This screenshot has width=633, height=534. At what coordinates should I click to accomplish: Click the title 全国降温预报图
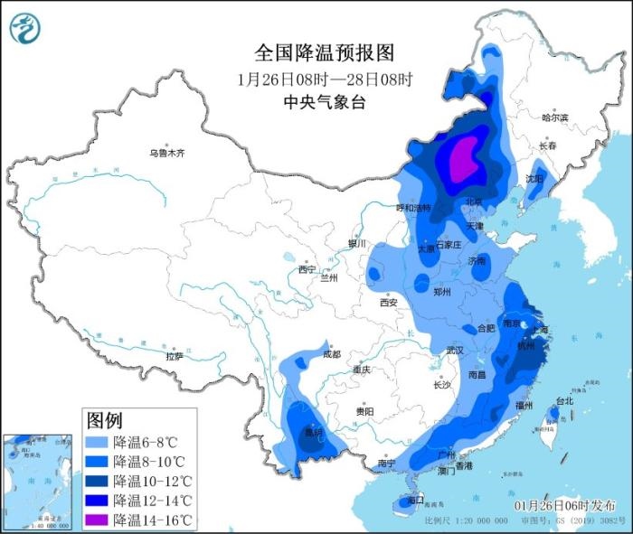tap(325, 52)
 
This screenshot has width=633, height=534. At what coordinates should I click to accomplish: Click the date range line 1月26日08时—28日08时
tap(325, 78)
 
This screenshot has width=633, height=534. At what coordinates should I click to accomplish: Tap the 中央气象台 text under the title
tap(325, 102)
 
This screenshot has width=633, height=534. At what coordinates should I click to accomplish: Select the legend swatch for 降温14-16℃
tap(98, 520)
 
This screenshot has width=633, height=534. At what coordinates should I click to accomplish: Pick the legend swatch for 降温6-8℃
tap(98, 443)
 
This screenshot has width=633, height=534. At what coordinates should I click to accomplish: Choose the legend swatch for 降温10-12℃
tap(98, 481)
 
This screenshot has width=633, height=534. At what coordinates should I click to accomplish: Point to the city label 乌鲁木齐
tap(166, 154)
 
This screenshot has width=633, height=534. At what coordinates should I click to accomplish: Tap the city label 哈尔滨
tap(554, 118)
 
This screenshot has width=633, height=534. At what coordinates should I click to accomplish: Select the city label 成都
tap(330, 354)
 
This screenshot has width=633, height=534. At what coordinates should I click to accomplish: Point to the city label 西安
tap(389, 304)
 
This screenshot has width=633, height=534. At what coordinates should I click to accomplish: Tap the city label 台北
tap(564, 400)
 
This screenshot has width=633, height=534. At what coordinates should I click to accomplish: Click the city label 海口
tap(416, 500)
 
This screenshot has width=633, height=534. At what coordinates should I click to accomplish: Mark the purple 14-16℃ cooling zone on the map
tap(465, 157)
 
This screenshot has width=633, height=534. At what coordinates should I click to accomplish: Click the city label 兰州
tap(328, 277)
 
